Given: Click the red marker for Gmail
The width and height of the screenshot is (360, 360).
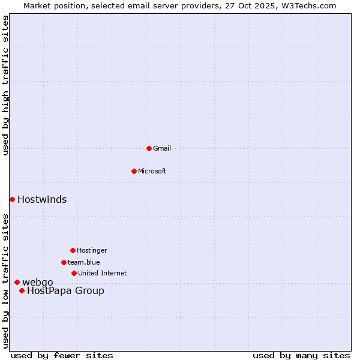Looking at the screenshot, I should click(x=149, y=148).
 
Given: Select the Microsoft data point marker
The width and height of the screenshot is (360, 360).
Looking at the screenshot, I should click(x=134, y=171).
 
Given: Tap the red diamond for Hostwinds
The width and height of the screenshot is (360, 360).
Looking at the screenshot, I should click(x=12, y=199).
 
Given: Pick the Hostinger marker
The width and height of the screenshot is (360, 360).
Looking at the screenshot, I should click(x=73, y=250).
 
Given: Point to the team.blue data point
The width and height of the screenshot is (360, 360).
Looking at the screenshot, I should click(x=64, y=262).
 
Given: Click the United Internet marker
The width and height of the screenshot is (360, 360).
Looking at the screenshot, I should click(x=74, y=273).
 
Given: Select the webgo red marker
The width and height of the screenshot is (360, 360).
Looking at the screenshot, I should click(x=17, y=282).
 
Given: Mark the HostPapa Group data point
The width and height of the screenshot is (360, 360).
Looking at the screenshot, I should click(x=22, y=290).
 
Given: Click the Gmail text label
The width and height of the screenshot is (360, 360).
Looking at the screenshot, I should click(x=162, y=148).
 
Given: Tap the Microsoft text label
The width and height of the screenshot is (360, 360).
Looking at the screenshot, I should click(x=152, y=171).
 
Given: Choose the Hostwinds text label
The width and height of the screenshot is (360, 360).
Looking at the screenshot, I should click(x=42, y=200).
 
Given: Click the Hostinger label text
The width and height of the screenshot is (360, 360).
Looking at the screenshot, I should click(x=92, y=250).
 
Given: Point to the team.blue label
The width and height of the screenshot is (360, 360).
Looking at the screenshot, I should click(x=84, y=262).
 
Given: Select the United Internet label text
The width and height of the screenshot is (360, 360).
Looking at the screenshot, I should click(x=103, y=273).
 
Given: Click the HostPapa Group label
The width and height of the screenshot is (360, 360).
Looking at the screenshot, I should click(x=65, y=291).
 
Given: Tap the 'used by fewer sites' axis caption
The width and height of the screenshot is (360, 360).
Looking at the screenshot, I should click(x=62, y=355).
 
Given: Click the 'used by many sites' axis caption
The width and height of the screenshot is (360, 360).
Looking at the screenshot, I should click(x=301, y=355).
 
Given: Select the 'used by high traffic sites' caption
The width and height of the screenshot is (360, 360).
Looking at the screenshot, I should click(x=5, y=85).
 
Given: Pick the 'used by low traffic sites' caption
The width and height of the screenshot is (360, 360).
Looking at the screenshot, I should click(x=5, y=281).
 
